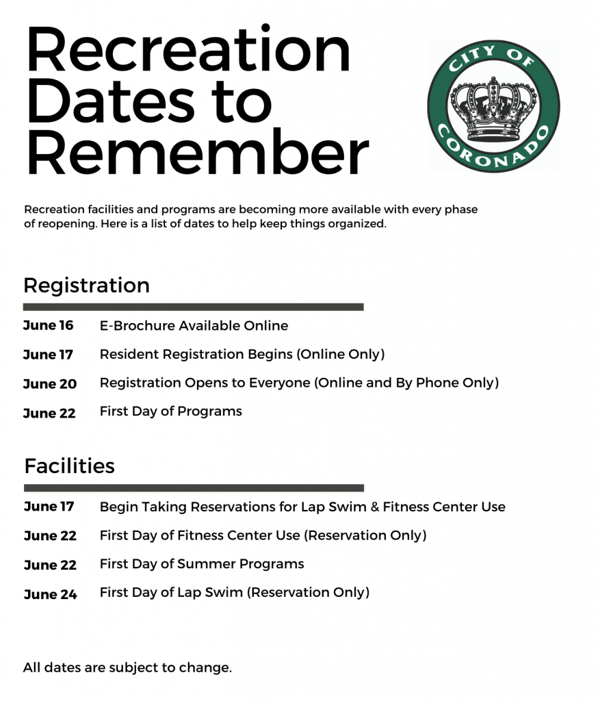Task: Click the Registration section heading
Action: [x=86, y=285]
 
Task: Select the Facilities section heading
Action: [x=69, y=466]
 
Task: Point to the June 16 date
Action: [x=48, y=326]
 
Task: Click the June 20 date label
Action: [x=49, y=384]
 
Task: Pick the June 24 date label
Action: [x=50, y=594]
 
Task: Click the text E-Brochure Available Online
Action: [x=194, y=326]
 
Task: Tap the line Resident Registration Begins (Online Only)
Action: [x=242, y=355]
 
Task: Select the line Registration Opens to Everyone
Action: [x=299, y=383]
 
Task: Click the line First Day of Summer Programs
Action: [x=202, y=564]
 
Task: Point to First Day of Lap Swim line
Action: [x=234, y=592]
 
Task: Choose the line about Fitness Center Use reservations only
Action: [x=263, y=535]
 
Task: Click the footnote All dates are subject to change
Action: [x=127, y=667]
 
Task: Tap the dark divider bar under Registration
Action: [x=193, y=307]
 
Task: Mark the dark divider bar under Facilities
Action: [x=194, y=488]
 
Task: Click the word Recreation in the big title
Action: [x=188, y=52]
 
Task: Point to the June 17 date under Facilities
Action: [x=49, y=507]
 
